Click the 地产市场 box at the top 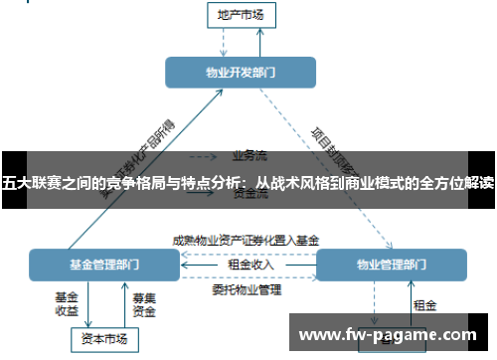pyautogui.click(x=242, y=15)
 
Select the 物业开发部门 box pyautogui.click(x=240, y=73)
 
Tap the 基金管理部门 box pyautogui.click(x=103, y=266)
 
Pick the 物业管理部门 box pyautogui.click(x=391, y=266)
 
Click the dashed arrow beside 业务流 pyautogui.click(x=204, y=156)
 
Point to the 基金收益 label pyautogui.click(x=67, y=304)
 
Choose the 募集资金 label pyautogui.click(x=145, y=304)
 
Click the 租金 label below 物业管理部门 pyautogui.click(x=424, y=304)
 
